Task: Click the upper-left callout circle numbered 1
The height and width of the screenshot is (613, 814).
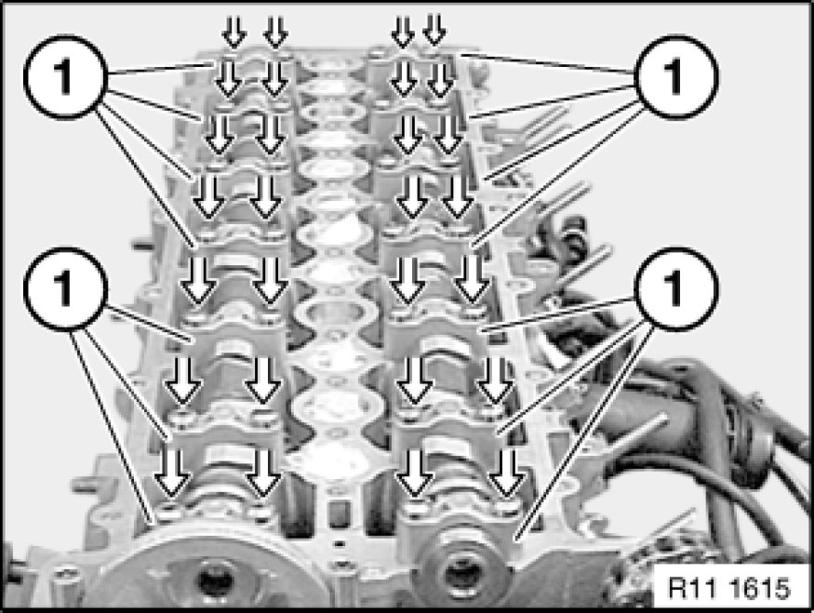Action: click(65, 76)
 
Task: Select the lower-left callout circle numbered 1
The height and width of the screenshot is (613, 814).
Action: click(65, 288)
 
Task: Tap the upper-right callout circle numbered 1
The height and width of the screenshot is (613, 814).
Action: click(676, 76)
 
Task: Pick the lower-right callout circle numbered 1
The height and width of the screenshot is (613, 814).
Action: click(676, 288)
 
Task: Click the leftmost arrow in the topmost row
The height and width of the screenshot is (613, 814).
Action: click(234, 31)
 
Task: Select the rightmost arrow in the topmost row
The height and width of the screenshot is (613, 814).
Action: click(434, 29)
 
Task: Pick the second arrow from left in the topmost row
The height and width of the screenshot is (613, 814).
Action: click(275, 31)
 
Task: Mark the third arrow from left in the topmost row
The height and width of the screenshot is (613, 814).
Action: click(403, 31)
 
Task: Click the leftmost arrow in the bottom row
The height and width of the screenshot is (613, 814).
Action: click(172, 473)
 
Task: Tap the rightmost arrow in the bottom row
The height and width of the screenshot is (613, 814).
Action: click(507, 473)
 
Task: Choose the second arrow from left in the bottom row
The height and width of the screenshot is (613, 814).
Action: click(263, 473)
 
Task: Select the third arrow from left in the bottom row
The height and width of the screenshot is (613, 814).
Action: click(414, 473)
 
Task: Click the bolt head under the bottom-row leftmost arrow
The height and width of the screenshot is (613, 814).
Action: click(169, 512)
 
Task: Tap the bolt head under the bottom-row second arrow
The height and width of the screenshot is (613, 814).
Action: click(260, 511)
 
